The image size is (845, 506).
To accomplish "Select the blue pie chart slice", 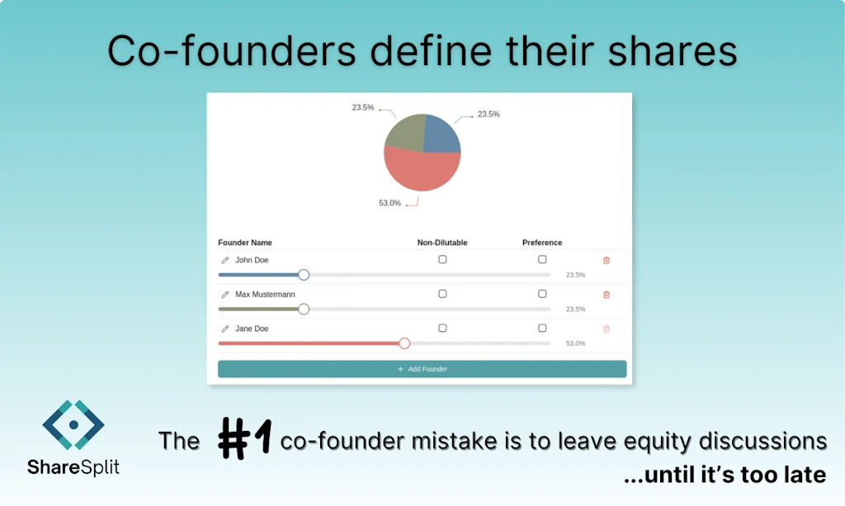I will click(x=441, y=135).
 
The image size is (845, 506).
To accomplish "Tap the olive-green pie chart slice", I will click(x=404, y=133).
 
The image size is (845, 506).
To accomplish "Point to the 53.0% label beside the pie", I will click(x=389, y=203).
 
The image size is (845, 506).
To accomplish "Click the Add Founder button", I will click(x=422, y=369).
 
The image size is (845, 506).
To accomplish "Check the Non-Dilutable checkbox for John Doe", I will click(x=442, y=259).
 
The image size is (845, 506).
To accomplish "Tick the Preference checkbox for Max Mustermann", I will click(x=542, y=294).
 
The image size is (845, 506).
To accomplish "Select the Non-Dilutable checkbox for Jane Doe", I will click(x=442, y=328).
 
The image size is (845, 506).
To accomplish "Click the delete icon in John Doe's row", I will click(x=607, y=260).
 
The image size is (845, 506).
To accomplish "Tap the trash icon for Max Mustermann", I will click(x=607, y=295).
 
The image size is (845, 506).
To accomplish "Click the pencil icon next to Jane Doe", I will click(x=224, y=329).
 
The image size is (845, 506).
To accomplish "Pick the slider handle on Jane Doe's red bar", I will click(x=404, y=343).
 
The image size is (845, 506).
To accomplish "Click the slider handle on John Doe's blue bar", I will click(x=304, y=275).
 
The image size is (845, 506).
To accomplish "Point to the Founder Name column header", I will click(x=245, y=243).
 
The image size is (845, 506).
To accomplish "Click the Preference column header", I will click(x=542, y=243).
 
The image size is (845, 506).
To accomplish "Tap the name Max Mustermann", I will click(x=265, y=295).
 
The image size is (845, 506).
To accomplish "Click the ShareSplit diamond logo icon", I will click(x=73, y=425).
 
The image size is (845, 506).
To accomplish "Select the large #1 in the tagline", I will click(x=244, y=438).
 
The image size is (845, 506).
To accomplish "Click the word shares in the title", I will click(x=675, y=51).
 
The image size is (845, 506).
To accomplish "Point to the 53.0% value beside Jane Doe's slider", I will click(x=575, y=343).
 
